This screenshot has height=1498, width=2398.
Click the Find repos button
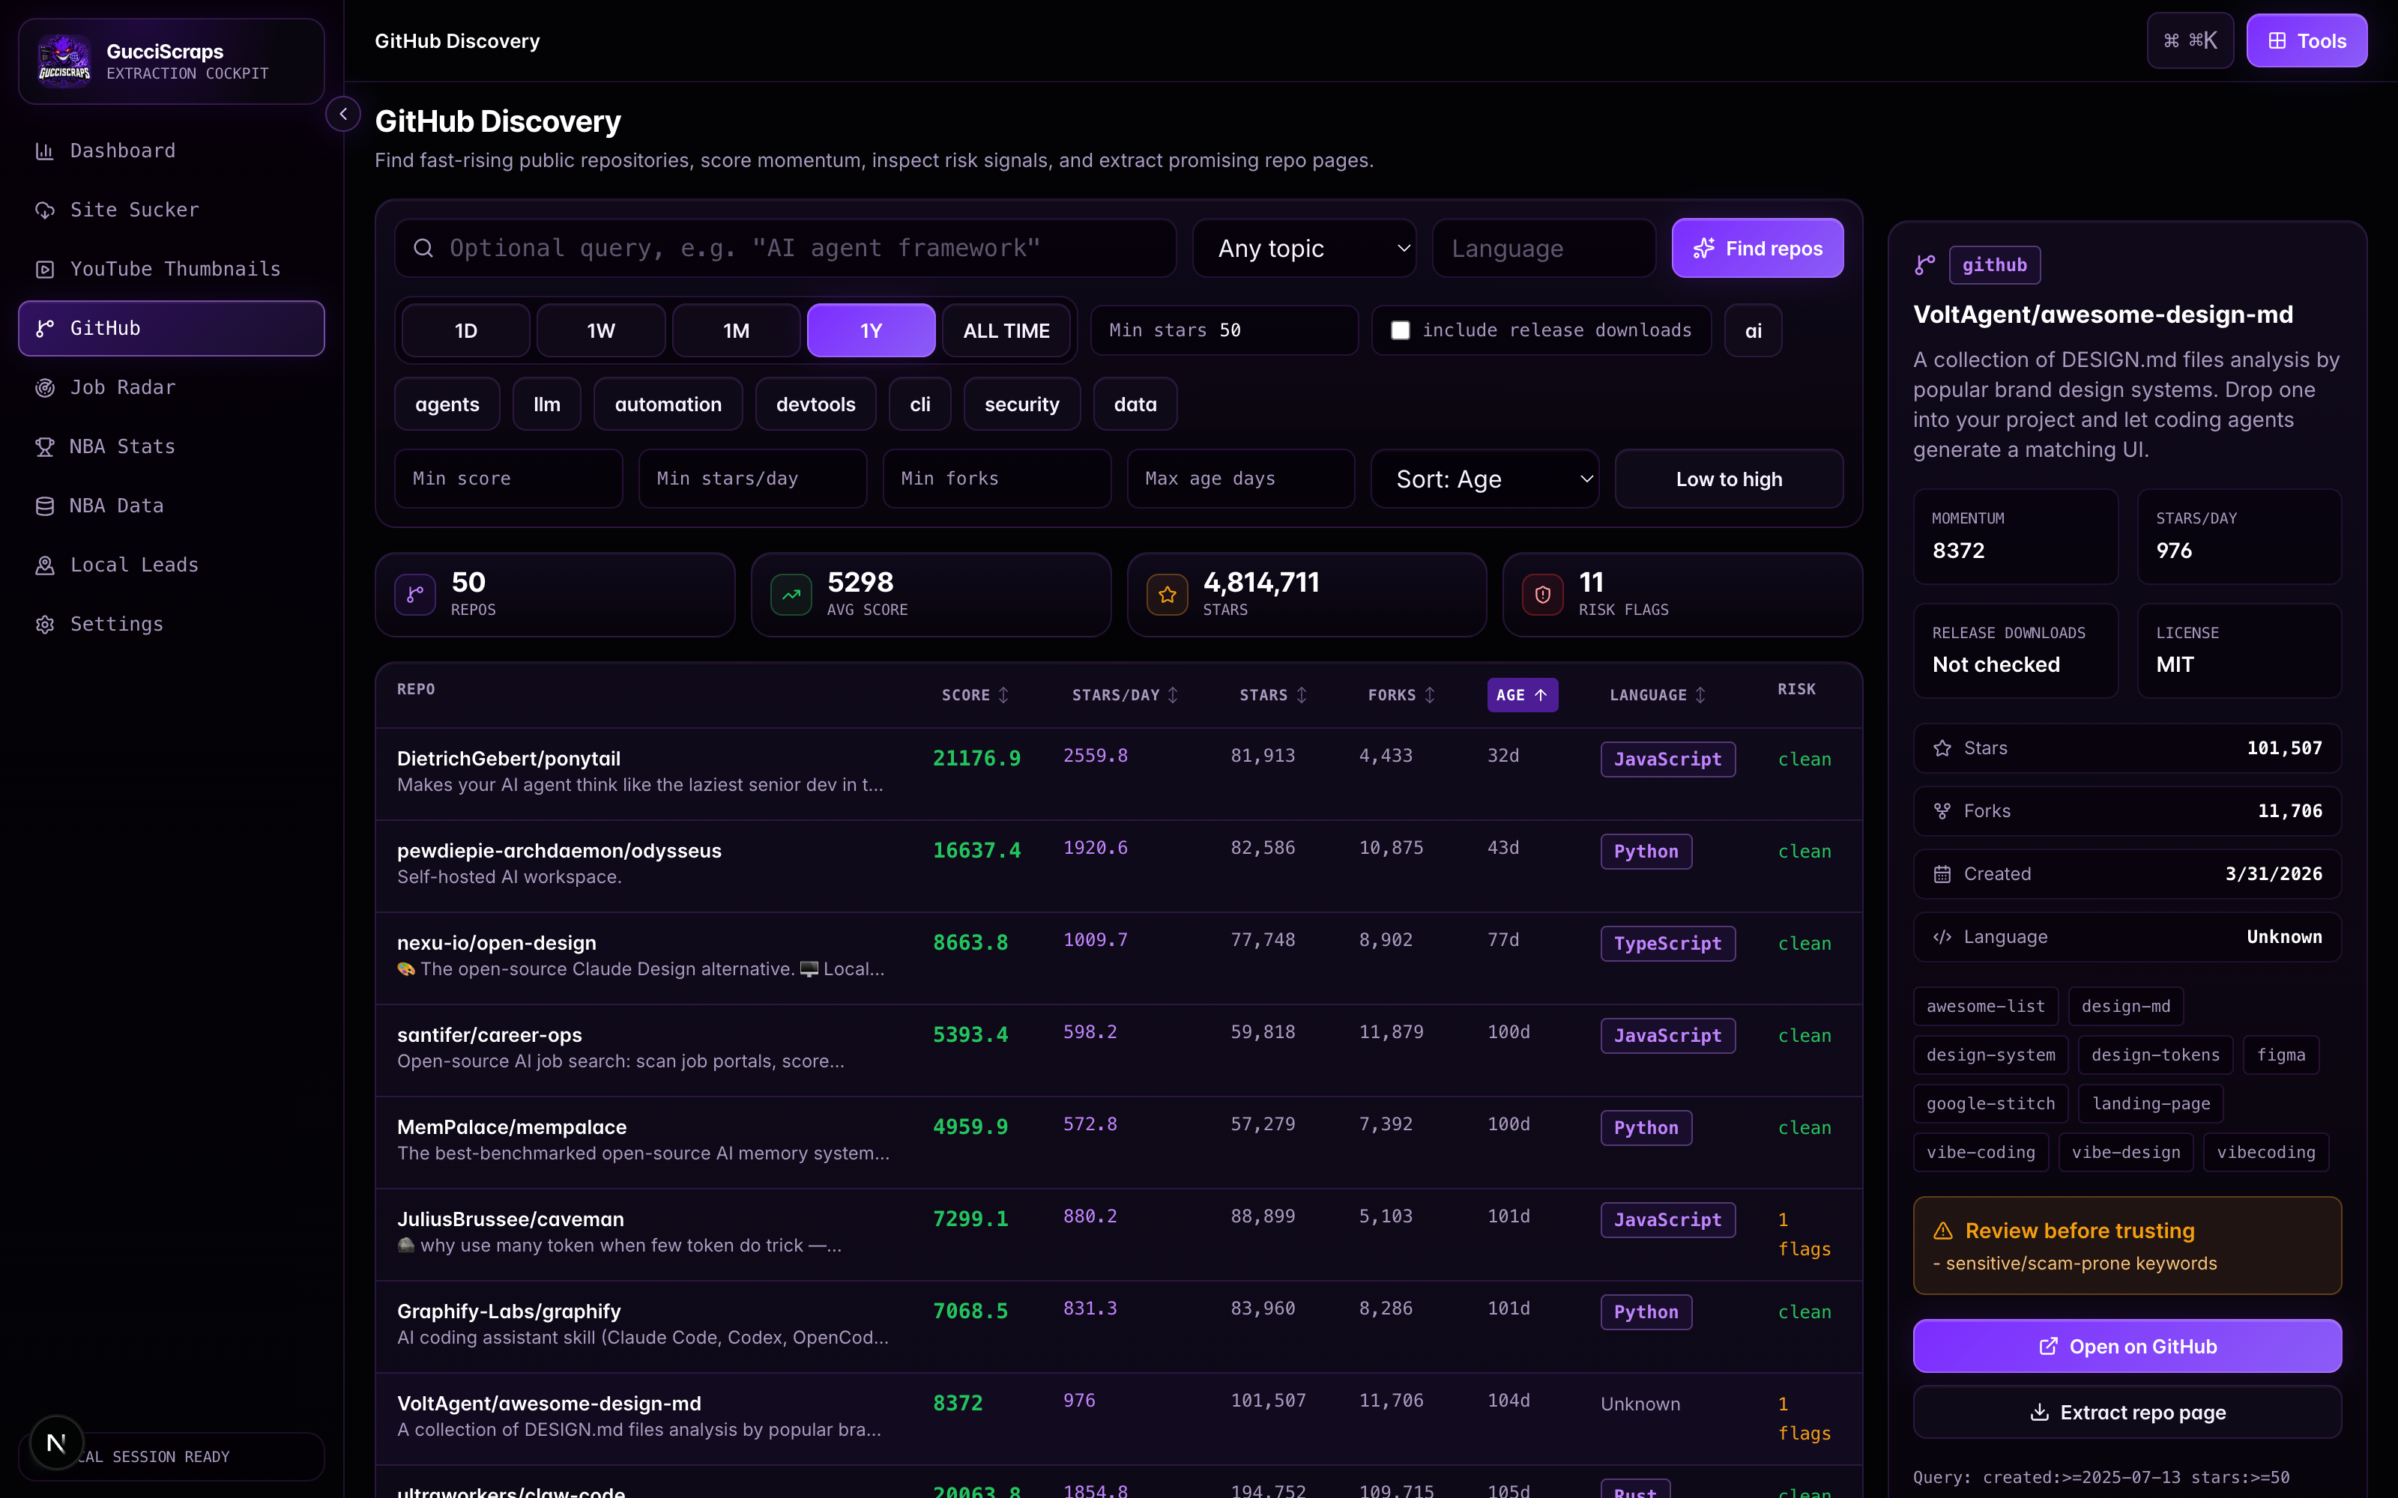point(1757,248)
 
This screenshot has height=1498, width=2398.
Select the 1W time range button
point(600,331)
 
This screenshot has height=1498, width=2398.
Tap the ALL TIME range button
point(1006,331)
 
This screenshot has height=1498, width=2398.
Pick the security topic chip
point(1021,404)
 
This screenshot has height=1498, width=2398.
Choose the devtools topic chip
point(815,404)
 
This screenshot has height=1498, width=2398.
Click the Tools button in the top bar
point(2307,40)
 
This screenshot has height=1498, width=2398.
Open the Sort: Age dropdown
point(1485,479)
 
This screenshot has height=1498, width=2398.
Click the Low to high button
point(1729,479)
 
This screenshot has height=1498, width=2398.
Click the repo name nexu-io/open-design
point(496,943)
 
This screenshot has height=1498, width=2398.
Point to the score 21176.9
point(976,759)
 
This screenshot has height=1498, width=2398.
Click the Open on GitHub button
point(2127,1347)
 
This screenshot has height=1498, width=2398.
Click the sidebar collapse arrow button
point(343,115)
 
